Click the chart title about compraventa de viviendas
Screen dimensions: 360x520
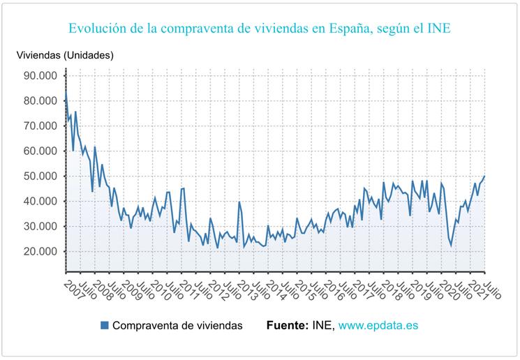[x=259, y=29]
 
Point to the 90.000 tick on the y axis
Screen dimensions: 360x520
[x=40, y=75]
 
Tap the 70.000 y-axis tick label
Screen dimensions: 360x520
[x=40, y=126]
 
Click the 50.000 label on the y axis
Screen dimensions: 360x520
[x=40, y=176]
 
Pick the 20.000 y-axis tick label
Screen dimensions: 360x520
[x=40, y=251]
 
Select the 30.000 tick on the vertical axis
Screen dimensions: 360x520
[x=40, y=226]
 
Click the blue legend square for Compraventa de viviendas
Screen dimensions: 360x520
[x=105, y=325]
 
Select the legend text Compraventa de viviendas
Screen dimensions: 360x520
[x=177, y=325]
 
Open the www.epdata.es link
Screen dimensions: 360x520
[x=378, y=325]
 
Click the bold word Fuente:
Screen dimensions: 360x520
[x=287, y=325]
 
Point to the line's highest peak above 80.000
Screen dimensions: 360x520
[x=66, y=91]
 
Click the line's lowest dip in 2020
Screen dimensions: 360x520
[x=451, y=246]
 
